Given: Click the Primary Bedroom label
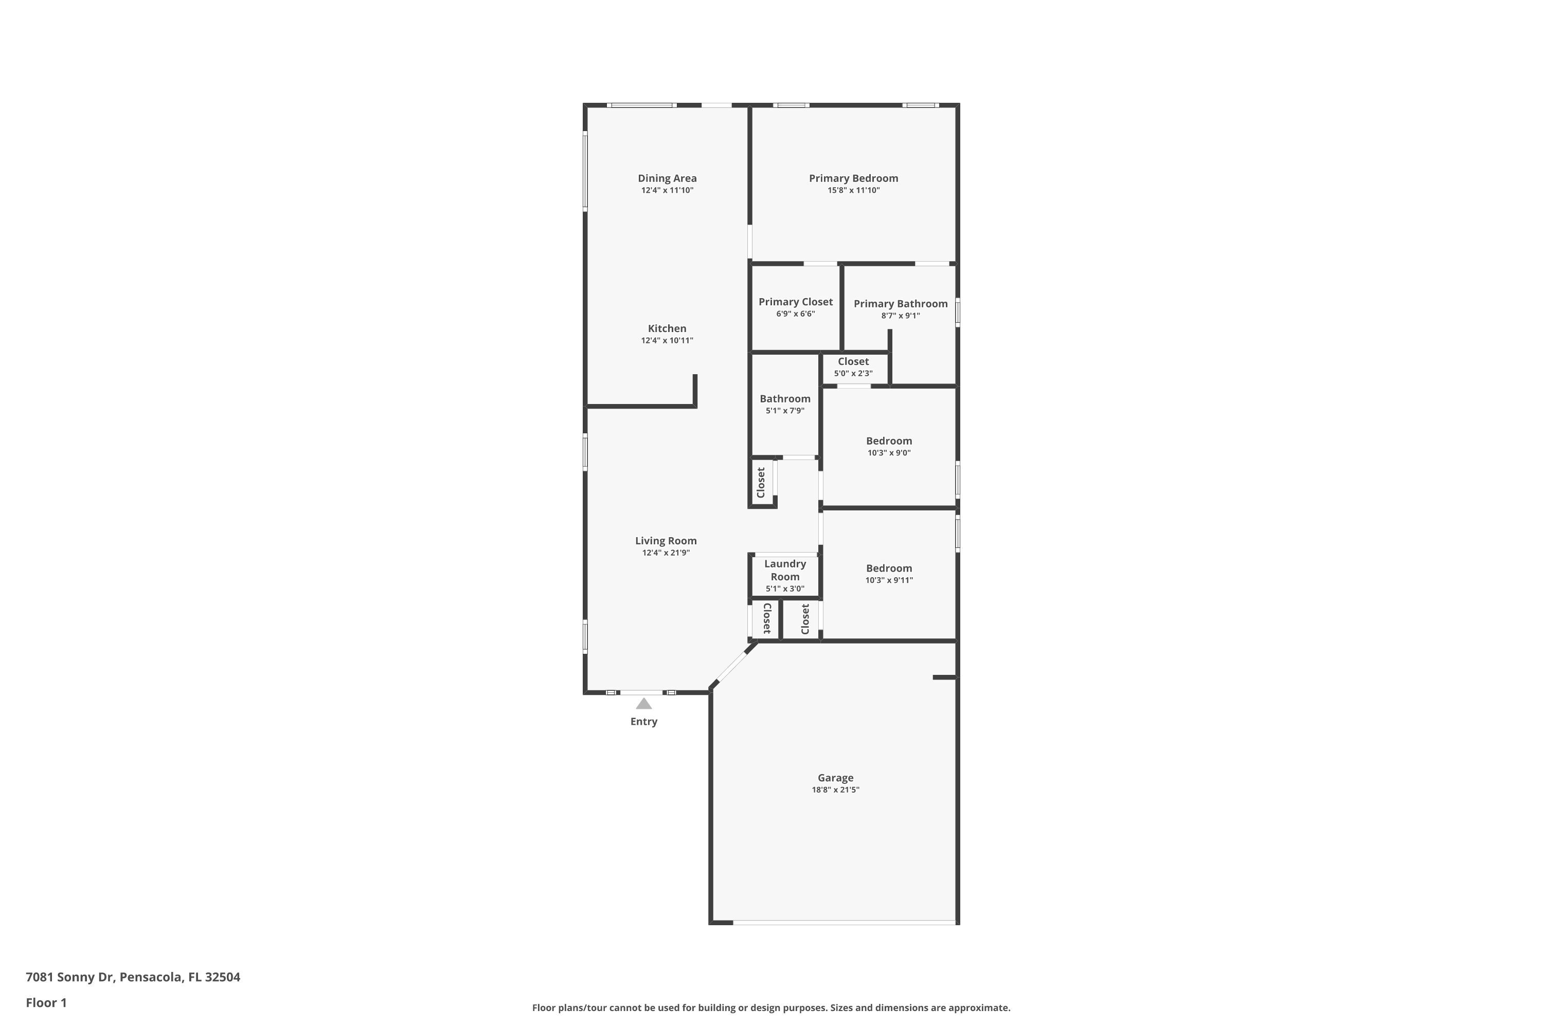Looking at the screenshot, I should click(x=853, y=178).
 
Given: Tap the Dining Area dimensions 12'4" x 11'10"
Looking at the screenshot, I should click(x=667, y=191).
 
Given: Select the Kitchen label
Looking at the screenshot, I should click(x=667, y=328).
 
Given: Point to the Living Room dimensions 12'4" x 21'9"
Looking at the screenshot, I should click(x=666, y=553).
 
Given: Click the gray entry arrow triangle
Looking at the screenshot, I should click(x=643, y=704).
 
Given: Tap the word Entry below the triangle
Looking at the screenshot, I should click(x=643, y=721).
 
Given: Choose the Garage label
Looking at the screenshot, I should click(x=835, y=778).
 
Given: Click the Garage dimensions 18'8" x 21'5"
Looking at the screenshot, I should click(x=835, y=790).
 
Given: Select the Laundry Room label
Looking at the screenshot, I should click(x=785, y=571).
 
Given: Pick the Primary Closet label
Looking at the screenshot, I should click(x=795, y=302).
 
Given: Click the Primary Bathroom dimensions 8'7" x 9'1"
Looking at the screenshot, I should click(x=900, y=316).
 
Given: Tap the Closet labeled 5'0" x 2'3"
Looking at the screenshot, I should click(x=853, y=362).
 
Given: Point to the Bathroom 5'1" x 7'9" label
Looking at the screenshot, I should click(x=785, y=399).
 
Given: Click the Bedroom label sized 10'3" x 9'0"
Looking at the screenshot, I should click(x=889, y=440).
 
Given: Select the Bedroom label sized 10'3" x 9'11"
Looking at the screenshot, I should click(x=889, y=568).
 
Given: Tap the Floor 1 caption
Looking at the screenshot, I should click(x=46, y=1002).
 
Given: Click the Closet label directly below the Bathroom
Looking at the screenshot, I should click(x=761, y=483).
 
